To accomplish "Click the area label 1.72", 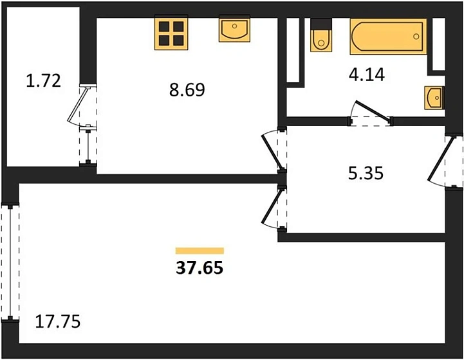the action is [44, 81].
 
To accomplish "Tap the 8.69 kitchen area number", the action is [187, 90].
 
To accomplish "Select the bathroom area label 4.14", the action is [367, 75].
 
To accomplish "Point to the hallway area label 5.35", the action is [366, 173].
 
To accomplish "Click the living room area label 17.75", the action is [58, 321].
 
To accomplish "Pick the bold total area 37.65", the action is [200, 268].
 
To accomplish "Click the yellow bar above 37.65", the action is [200, 251].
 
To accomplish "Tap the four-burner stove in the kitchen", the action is [171, 33].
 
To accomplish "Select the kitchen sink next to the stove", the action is [234, 30].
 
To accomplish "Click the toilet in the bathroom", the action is [321, 35].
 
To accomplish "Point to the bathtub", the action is [389, 37].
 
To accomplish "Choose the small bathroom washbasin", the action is [434, 98].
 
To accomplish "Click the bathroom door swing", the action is [370, 113].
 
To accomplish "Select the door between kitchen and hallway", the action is [274, 150].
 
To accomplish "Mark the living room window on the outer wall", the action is [10, 262].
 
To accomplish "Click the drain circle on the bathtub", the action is [416, 37].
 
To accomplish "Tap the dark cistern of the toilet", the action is [321, 24].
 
